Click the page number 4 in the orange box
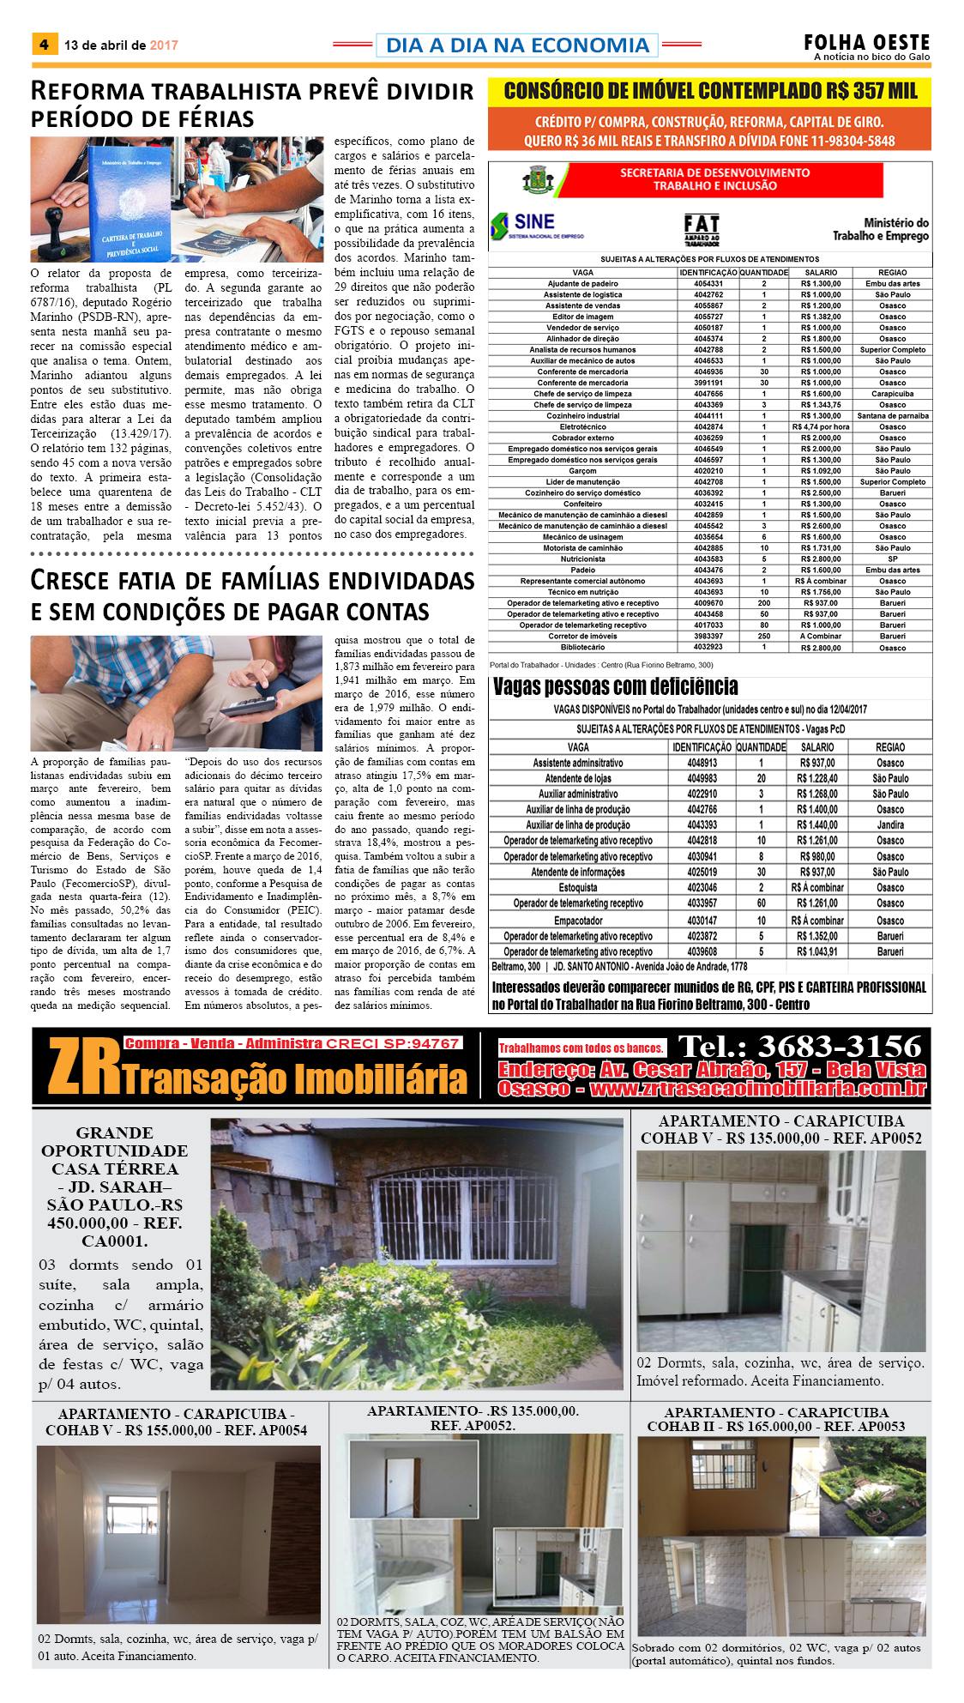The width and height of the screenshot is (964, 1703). pyautogui.click(x=44, y=45)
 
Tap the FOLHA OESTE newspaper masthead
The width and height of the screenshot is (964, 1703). pyautogui.click(x=866, y=43)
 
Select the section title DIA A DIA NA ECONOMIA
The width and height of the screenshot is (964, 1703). pyautogui.click(x=517, y=45)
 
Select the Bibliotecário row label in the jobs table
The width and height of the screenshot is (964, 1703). pyautogui.click(x=582, y=648)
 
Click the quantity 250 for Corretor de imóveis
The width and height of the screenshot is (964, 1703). pyautogui.click(x=763, y=637)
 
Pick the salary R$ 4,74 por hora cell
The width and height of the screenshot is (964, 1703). pyautogui.click(x=821, y=427)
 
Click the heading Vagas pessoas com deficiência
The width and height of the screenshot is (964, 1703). pyautogui.click(x=615, y=687)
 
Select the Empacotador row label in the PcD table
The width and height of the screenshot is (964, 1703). pyautogui.click(x=578, y=921)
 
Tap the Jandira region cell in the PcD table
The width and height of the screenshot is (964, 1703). pyautogui.click(x=890, y=825)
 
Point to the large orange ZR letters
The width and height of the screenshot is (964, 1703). pyautogui.click(x=84, y=1066)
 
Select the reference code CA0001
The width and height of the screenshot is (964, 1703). pyautogui.click(x=115, y=1241)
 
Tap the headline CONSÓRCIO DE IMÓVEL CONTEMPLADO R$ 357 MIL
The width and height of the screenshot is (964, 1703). pyautogui.click(x=709, y=92)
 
